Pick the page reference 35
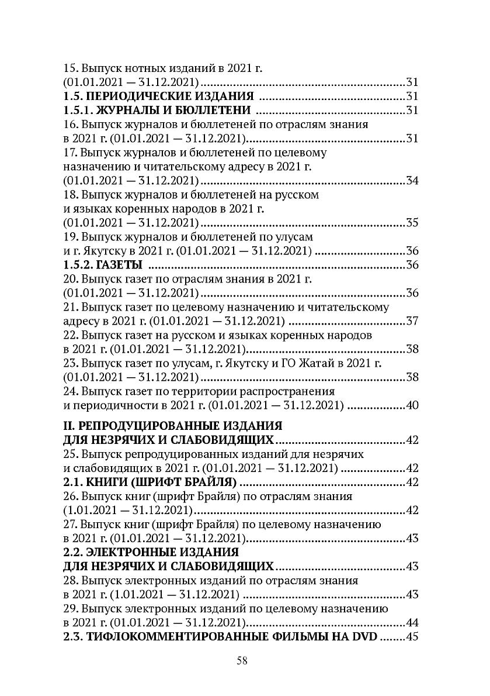click(x=412, y=223)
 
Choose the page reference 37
click(x=412, y=321)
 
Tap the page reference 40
click(x=412, y=405)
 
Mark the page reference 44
click(x=412, y=622)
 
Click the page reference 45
click(x=412, y=636)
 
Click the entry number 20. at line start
click(x=71, y=279)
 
